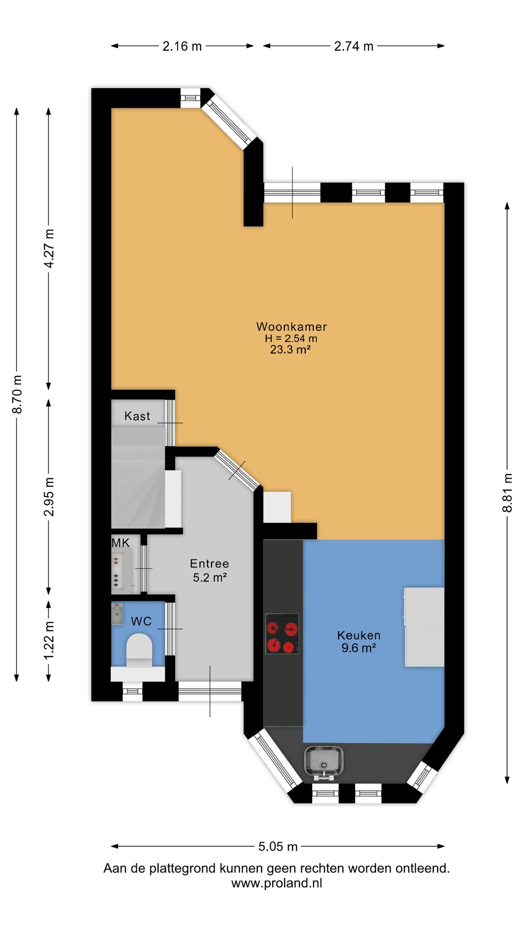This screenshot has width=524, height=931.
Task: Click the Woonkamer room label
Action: coord(292,327)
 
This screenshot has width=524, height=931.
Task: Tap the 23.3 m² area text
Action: coord(290,350)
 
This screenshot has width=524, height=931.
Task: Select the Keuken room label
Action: coord(359,635)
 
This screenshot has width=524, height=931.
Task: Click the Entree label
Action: coord(210,563)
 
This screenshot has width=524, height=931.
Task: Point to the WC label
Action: coord(141,621)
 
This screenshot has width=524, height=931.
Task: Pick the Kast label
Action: coord(137,416)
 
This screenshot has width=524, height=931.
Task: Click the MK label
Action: coord(121,543)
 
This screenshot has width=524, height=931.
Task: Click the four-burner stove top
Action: coord(282,633)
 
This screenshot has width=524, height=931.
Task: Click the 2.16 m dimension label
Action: coord(182,46)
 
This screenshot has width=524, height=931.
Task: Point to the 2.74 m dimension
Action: coord(354,46)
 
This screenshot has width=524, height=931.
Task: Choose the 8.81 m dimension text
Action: coord(507,493)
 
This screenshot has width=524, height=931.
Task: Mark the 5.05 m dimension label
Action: coord(278,847)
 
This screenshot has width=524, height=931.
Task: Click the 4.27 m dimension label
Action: coord(49,248)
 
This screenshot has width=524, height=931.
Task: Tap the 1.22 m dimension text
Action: coord(49,640)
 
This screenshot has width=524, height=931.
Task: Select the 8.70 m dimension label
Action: coord(17,394)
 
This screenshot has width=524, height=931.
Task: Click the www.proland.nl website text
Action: coord(277,883)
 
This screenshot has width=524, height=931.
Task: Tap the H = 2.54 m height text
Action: coord(291,338)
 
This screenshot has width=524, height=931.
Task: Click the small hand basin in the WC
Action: coord(117,613)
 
